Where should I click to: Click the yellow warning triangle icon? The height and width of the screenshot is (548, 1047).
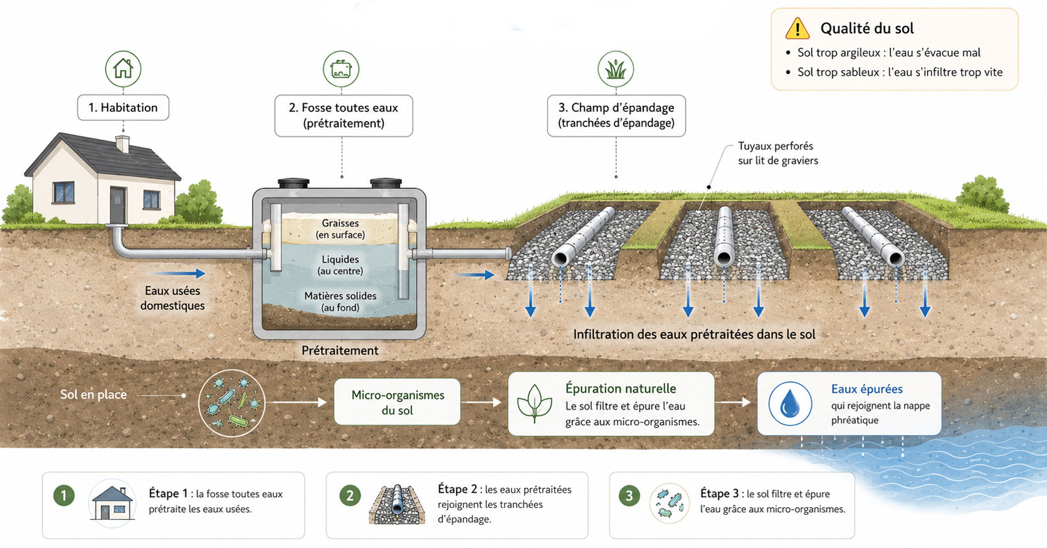tap(797, 28)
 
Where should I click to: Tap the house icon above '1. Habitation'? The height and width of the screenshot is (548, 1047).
tap(123, 69)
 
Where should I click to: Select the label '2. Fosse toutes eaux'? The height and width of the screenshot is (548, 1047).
tap(344, 108)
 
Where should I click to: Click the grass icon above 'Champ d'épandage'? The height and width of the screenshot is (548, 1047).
tap(616, 69)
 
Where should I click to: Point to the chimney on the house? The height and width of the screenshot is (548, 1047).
tap(122, 144)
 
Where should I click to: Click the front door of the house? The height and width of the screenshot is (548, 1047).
tap(118, 205)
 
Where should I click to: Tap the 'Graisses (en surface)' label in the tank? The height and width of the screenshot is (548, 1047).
tap(340, 229)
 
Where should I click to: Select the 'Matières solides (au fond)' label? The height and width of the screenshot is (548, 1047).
tap(340, 302)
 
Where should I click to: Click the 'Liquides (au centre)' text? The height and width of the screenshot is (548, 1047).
tap(340, 265)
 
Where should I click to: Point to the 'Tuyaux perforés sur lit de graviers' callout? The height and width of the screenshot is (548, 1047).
tap(778, 154)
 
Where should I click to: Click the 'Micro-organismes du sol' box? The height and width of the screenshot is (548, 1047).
tap(397, 402)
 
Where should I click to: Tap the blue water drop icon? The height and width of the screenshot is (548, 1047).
tap(790, 404)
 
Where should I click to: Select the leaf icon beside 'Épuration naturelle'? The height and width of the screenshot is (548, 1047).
tap(534, 404)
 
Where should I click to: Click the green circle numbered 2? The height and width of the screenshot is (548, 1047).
tap(350, 495)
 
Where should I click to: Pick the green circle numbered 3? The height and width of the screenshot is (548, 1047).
tap(629, 495)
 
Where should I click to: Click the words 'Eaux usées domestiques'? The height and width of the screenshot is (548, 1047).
tap(172, 298)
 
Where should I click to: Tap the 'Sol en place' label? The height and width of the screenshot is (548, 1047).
tap(93, 394)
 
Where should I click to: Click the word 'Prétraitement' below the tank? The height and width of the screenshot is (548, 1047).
tap(340, 350)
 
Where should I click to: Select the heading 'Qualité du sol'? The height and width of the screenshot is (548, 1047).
tap(867, 28)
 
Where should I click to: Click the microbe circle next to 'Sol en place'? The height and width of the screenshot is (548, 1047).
tap(232, 403)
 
